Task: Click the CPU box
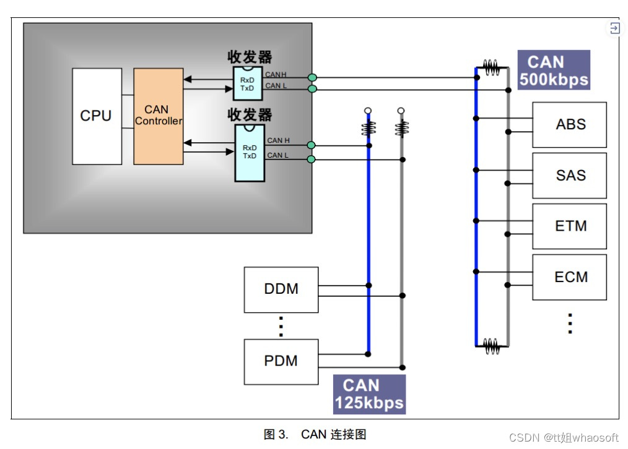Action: tap(97, 116)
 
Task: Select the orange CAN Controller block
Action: tap(159, 116)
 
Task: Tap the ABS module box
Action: tap(570, 125)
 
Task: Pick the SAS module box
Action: tap(570, 176)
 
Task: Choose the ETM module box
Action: tap(570, 226)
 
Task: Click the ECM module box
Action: tap(570, 277)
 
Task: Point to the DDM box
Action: tap(281, 290)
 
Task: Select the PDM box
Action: tap(281, 362)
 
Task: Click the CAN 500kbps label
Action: tap(554, 70)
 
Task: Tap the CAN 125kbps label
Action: tap(369, 394)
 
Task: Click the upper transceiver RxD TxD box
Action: tap(248, 83)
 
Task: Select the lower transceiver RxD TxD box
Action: tap(250, 153)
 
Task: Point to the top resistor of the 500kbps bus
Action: tap(491, 67)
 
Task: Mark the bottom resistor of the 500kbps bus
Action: tap(491, 346)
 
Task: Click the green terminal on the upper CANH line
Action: tap(312, 77)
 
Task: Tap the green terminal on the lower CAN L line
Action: tap(311, 160)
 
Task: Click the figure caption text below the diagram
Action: tap(315, 434)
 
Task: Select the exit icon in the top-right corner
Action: tap(615, 28)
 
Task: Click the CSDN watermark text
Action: tap(564, 438)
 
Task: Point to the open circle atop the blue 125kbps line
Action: tap(368, 110)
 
